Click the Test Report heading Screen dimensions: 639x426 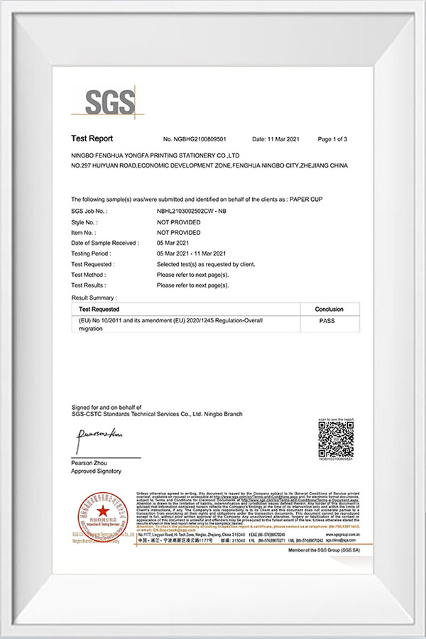pyautogui.click(x=92, y=139)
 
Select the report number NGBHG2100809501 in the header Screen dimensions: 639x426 pyautogui.click(x=195, y=139)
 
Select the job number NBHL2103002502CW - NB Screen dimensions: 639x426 pyautogui.click(x=191, y=212)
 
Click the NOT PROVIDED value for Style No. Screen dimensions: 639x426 pyautogui.click(x=178, y=222)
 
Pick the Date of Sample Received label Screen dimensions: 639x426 pyautogui.click(x=104, y=243)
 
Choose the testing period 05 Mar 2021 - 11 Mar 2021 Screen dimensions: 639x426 pyautogui.click(x=191, y=253)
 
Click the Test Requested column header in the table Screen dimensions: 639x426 pyautogui.click(x=99, y=310)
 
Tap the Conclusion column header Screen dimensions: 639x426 pyautogui.click(x=327, y=310)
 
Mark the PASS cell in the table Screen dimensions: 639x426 pyautogui.click(x=327, y=321)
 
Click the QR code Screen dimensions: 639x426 pyautogui.click(x=336, y=440)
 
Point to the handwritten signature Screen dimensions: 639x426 pyautogui.click(x=100, y=435)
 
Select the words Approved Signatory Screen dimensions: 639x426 pyautogui.click(x=96, y=471)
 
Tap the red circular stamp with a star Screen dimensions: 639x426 pyautogui.click(x=104, y=512)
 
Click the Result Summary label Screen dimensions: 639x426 pyautogui.click(x=94, y=297)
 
